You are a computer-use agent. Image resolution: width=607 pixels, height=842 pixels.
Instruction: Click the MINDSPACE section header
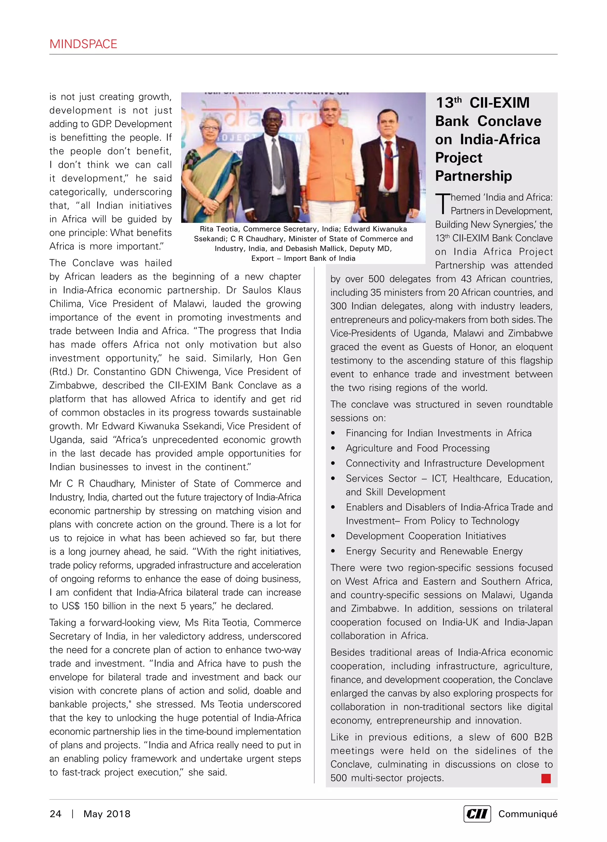83,44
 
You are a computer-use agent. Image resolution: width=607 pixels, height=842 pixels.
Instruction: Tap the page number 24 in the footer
55,814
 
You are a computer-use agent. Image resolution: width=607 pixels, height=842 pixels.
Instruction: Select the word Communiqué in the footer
528,814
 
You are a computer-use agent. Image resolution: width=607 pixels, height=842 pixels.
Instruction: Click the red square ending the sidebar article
546,778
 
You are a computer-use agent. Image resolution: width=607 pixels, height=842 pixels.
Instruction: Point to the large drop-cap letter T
442,204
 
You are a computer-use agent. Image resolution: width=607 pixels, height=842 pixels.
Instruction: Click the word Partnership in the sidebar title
473,176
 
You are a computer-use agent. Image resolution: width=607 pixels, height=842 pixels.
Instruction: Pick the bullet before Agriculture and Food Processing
333,448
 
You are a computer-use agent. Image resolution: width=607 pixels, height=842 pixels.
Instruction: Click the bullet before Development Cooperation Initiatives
333,536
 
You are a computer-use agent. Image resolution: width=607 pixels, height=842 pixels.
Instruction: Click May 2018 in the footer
107,814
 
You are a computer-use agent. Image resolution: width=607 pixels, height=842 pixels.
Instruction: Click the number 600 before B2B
519,737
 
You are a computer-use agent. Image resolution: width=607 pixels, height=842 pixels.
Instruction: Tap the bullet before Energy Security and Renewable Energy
333,551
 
